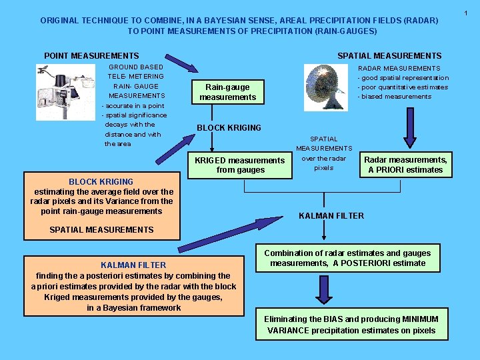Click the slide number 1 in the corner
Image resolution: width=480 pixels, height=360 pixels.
pos(465,13)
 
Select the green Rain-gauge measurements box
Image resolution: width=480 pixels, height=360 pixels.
pos(228,92)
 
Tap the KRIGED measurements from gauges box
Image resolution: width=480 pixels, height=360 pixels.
pos(240,165)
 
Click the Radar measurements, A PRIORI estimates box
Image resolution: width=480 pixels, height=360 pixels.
pos(405,165)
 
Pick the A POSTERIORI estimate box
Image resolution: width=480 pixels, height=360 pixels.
pos(348,258)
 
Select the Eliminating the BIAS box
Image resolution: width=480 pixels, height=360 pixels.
pos(352,324)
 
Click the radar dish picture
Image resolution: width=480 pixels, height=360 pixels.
pos(326,87)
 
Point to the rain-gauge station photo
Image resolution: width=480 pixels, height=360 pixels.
pos(65,92)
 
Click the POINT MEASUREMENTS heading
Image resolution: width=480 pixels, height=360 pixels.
pos(91,56)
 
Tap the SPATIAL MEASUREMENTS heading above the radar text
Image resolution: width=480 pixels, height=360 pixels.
pos(389,56)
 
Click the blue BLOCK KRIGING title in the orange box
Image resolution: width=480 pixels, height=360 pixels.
pos(101,182)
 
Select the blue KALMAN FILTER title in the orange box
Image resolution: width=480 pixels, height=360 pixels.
pos(133,265)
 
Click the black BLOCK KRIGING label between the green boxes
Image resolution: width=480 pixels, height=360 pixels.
pos(229,127)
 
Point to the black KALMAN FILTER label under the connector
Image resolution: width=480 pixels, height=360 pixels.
pos(331,216)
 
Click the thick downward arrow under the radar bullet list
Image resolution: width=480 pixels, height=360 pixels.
pos(410,128)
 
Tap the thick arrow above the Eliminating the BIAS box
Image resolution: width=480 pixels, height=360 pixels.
pos(324,290)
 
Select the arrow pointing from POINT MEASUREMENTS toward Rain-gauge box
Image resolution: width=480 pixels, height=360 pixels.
pos(182,63)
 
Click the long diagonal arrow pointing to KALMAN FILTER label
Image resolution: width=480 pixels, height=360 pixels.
pos(230,235)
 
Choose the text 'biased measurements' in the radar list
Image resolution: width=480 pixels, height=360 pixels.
pos(395,97)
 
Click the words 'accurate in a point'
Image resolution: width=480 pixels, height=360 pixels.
pos(133,106)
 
